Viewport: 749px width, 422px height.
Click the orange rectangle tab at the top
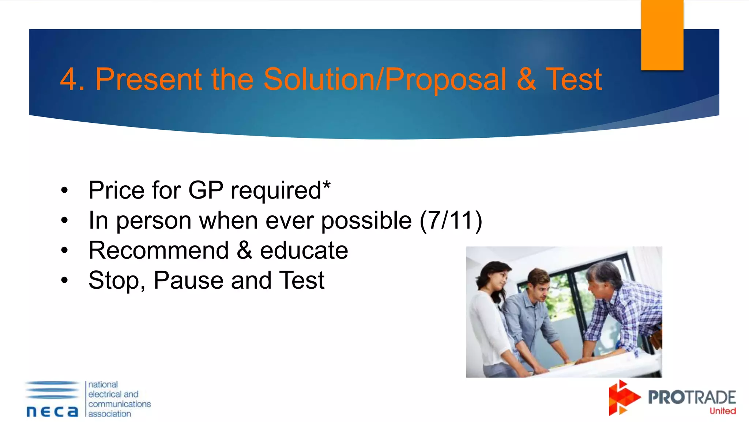pyautogui.click(x=662, y=35)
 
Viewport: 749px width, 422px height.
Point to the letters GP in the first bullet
pyautogui.click(x=205, y=190)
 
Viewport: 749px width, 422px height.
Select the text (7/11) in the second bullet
pyautogui.click(x=451, y=221)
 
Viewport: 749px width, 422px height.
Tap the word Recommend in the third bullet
pyautogui.click(x=158, y=251)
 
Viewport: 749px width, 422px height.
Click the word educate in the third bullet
pyautogui.click(x=304, y=251)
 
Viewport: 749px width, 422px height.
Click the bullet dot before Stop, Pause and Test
pyautogui.click(x=65, y=281)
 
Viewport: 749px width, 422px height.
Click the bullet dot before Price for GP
pyautogui.click(x=65, y=190)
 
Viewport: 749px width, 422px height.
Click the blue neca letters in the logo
pyautogui.click(x=52, y=412)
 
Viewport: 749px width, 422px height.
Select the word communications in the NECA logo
pyautogui.click(x=120, y=404)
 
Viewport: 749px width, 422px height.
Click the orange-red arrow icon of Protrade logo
pyautogui.click(x=623, y=398)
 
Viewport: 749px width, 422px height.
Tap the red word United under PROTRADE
pyautogui.click(x=722, y=411)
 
